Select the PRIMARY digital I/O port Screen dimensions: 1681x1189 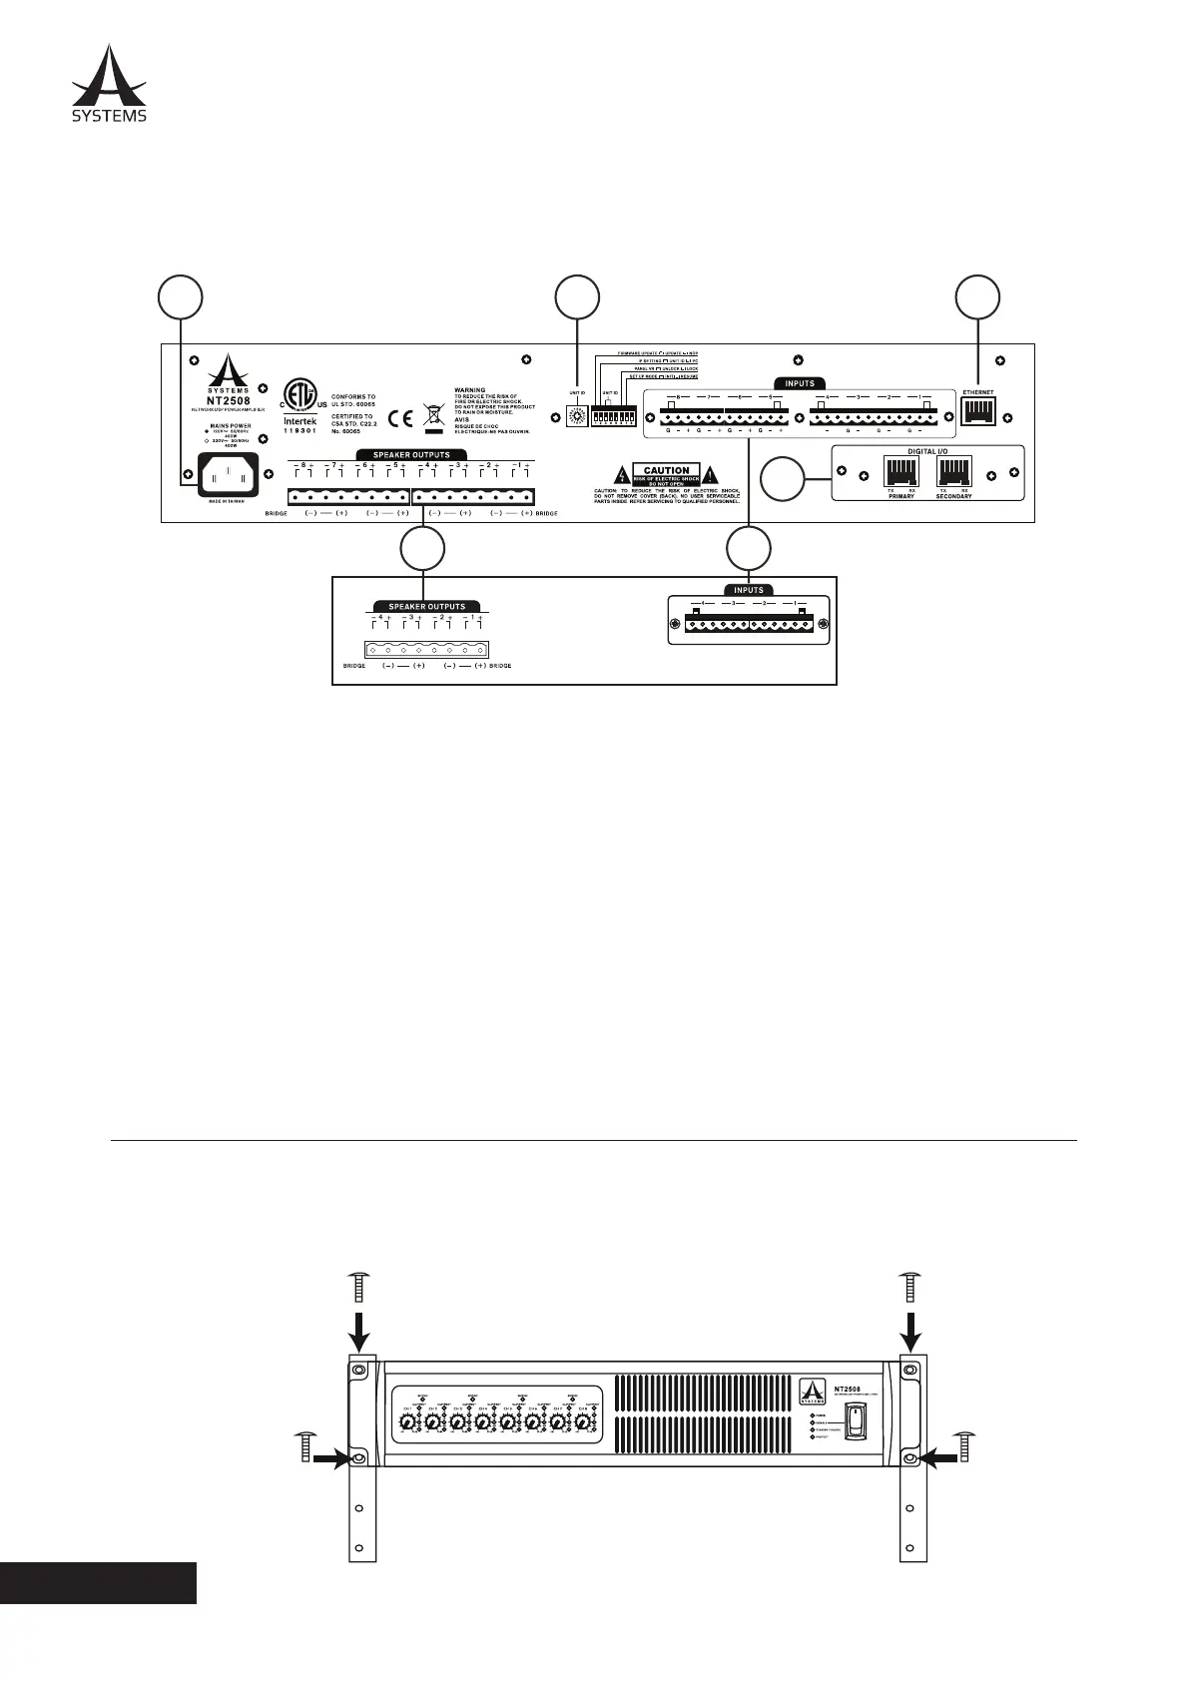click(x=901, y=470)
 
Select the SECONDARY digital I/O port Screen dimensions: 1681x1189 click(x=953, y=470)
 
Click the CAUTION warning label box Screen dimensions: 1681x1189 click(x=667, y=475)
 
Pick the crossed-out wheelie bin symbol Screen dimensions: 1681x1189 click(x=433, y=414)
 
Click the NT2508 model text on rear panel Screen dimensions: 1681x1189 click(x=222, y=400)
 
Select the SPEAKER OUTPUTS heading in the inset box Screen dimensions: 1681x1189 click(x=425, y=606)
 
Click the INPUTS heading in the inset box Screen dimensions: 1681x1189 click(x=748, y=590)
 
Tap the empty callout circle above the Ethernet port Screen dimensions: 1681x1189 click(x=977, y=298)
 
